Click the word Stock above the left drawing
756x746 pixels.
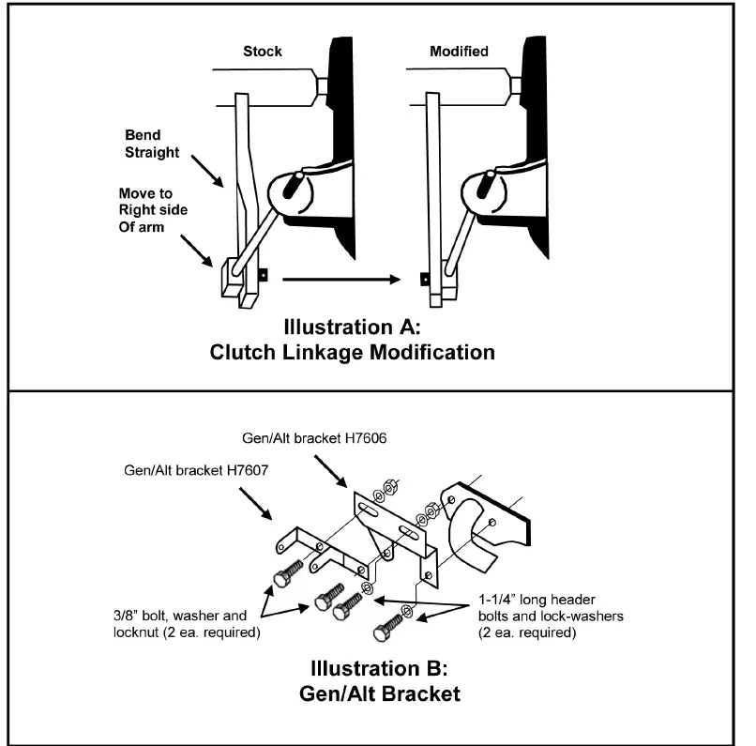(x=263, y=52)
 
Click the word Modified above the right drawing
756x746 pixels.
(x=459, y=52)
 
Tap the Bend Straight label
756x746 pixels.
(x=153, y=144)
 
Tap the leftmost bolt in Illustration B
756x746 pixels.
(x=286, y=575)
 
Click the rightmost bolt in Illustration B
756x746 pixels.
(x=390, y=632)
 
